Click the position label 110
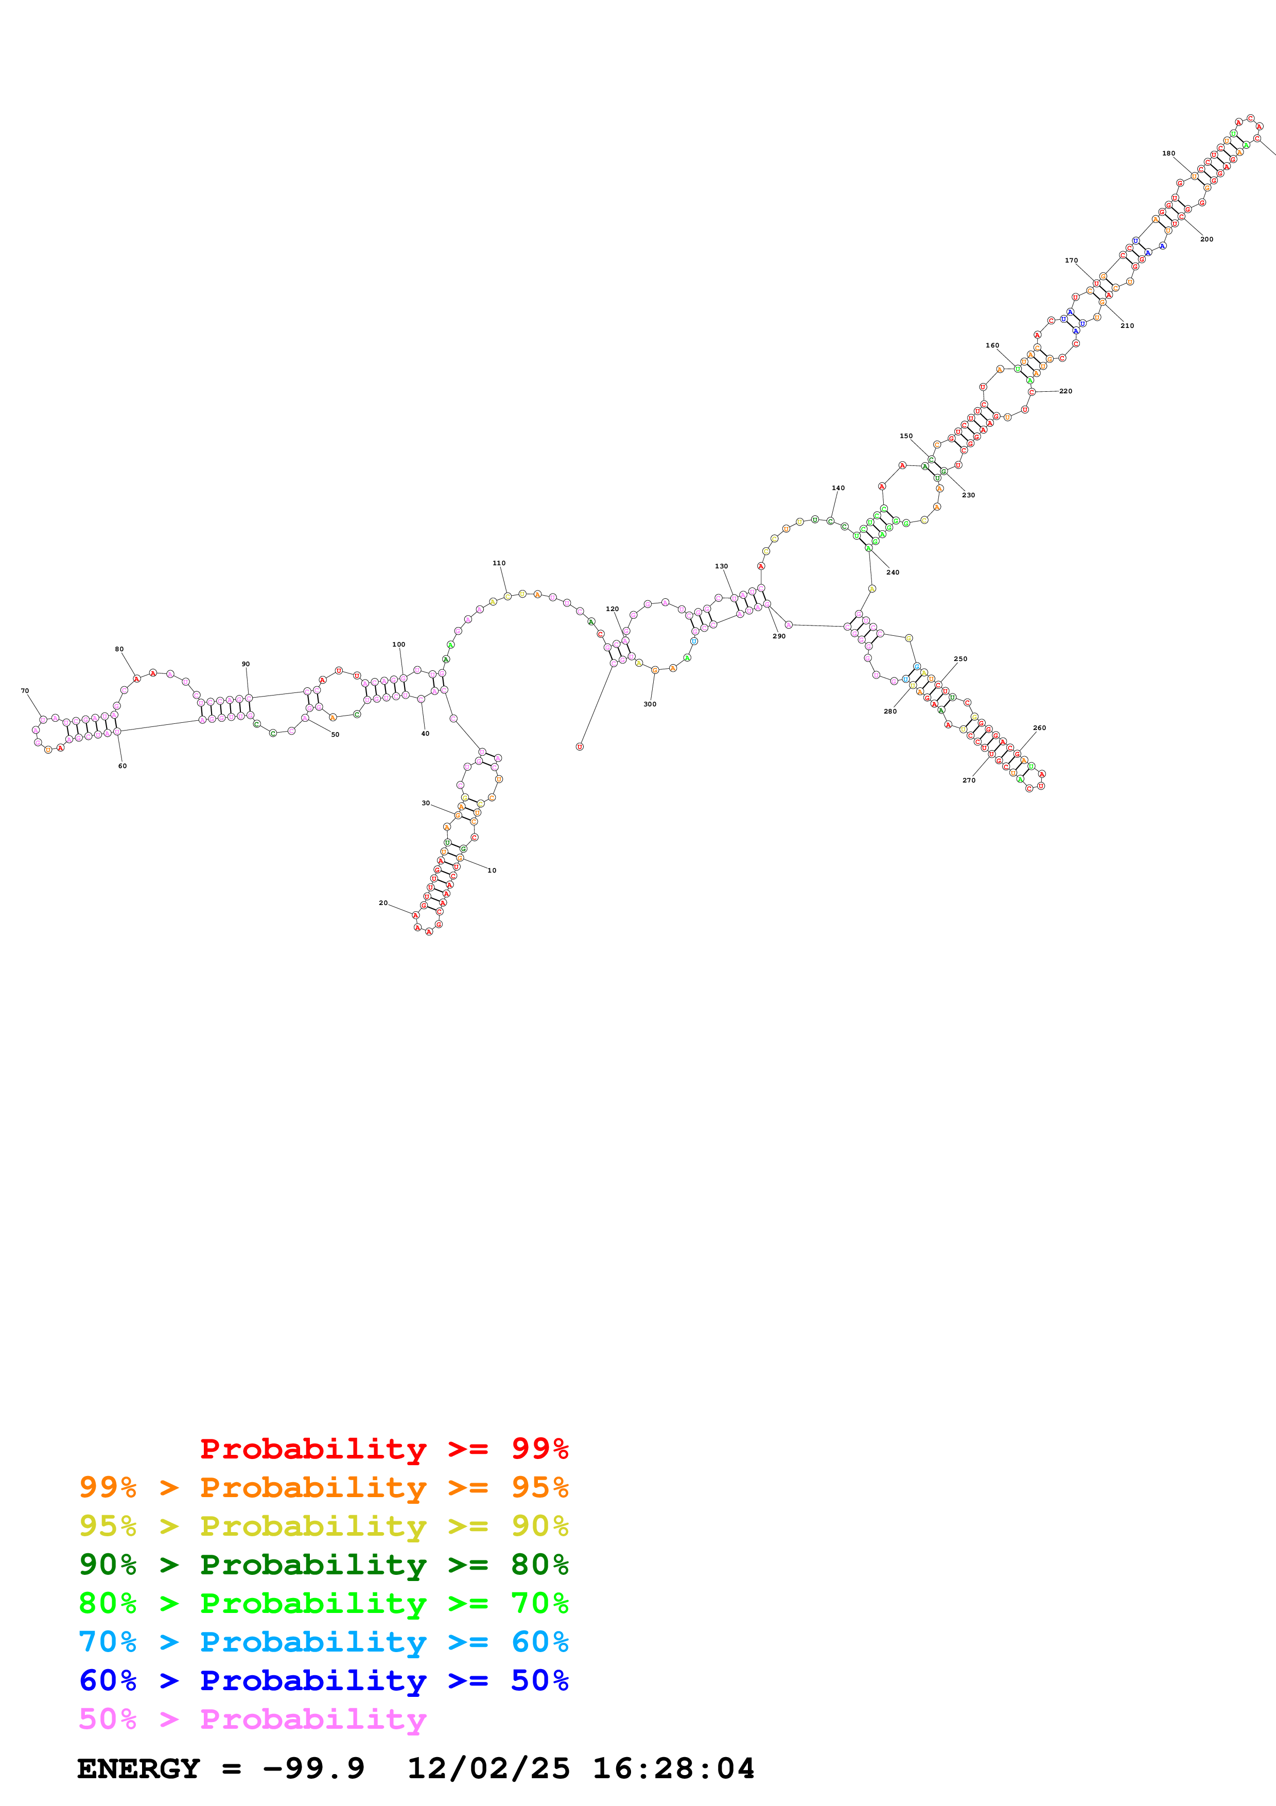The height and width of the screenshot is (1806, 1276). pyautogui.click(x=498, y=563)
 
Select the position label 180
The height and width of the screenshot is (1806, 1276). pyautogui.click(x=1168, y=153)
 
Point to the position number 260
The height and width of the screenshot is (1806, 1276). pyautogui.click(x=1039, y=727)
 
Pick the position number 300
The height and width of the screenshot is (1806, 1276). pyautogui.click(x=650, y=704)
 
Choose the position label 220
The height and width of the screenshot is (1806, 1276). pyautogui.click(x=1065, y=391)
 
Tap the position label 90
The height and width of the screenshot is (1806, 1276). pyautogui.click(x=246, y=664)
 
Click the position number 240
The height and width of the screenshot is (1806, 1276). pyautogui.click(x=893, y=572)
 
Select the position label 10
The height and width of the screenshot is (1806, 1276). pyautogui.click(x=492, y=870)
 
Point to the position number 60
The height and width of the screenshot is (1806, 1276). pyautogui.click(x=122, y=766)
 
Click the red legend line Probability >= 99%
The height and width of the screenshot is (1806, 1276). pyautogui.click(x=383, y=1448)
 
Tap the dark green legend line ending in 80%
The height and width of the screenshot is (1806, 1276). pyautogui.click(x=323, y=1565)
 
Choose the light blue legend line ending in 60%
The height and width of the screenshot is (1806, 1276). pyautogui.click(x=323, y=1642)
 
